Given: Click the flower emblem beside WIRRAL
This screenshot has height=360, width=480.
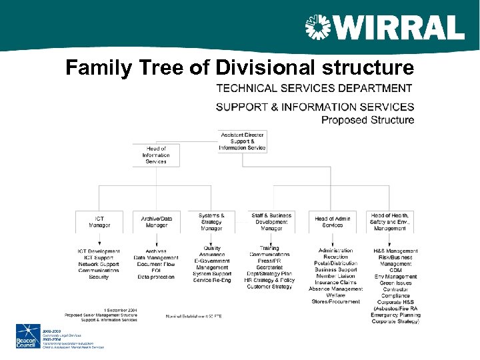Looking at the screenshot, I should coord(318,28).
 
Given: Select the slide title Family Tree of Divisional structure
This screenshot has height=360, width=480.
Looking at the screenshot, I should coord(239,67).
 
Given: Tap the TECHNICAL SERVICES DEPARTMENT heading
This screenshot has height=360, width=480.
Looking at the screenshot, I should coord(314,88).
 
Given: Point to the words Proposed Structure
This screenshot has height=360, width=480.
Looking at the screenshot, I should coord(367,120).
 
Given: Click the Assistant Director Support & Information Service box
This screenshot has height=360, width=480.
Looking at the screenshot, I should coord(242,141).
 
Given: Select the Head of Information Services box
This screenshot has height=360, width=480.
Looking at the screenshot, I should coord(156,155).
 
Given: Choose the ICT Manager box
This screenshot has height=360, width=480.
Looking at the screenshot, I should coord(99,222).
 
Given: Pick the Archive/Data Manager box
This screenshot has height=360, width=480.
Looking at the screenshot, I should coord(157,222).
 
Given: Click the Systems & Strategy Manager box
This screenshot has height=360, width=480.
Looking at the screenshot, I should coord(211,222).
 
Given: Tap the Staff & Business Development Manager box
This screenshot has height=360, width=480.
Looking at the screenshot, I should coord(271,222).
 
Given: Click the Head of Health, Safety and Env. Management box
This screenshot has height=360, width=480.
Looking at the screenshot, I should coord(390,222).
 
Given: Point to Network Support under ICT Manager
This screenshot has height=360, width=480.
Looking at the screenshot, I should coord(99,264).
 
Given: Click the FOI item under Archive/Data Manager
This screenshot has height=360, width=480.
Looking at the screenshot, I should coord(156,270).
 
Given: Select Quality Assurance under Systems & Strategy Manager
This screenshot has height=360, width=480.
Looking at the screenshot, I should coord(213,251).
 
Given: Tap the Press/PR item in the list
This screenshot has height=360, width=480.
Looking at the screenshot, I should coord(269,261).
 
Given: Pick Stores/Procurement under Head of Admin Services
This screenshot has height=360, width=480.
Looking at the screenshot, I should coord(335,301).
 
